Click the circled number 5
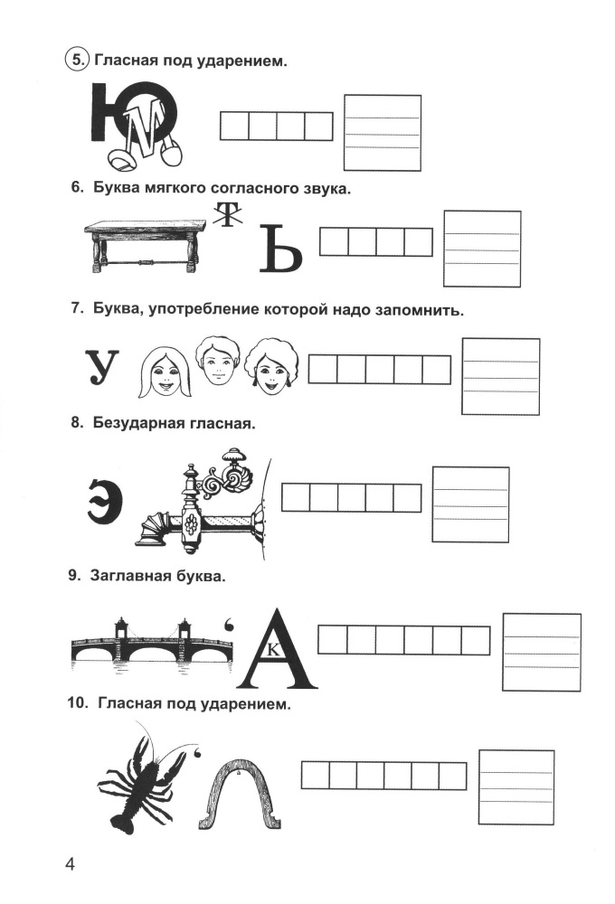tap(78, 61)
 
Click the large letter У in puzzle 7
tap(101, 369)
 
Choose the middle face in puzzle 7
tap(216, 362)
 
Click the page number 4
tap(71, 863)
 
